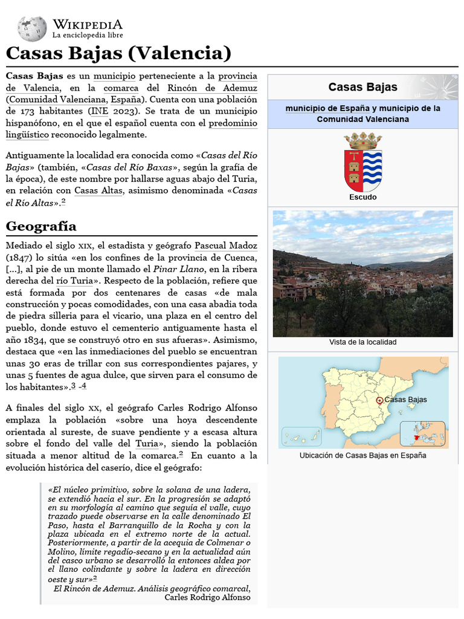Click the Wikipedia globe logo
(31, 28)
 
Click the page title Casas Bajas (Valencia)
(118, 54)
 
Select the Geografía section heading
(41, 226)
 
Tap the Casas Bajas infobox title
(362, 87)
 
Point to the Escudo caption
(362, 197)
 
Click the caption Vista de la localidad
(362, 342)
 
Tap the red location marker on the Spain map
(379, 400)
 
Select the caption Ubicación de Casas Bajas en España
(362, 455)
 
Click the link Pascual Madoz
(226, 246)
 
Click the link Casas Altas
(98, 191)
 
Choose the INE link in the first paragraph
(99, 111)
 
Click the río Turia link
(74, 281)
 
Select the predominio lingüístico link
(233, 123)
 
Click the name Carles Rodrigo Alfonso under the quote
(207, 597)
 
